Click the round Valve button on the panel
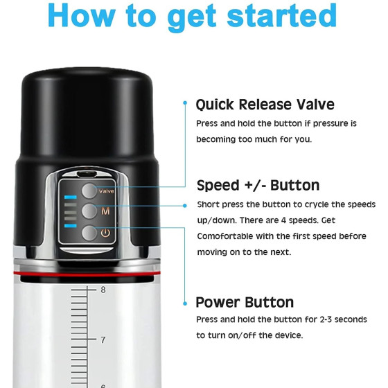[89, 191]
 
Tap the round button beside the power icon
[89, 233]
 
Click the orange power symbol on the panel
[105, 233]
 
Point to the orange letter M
[105, 211]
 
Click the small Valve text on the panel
[107, 191]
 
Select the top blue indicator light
[71, 197]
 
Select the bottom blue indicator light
[71, 226]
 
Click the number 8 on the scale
[103, 290]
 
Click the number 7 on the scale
[103, 340]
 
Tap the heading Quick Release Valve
[265, 105]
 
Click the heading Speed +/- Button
[258, 186]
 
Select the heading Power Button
[245, 302]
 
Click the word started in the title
[282, 15]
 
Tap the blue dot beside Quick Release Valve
[185, 103]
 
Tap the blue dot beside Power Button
[185, 303]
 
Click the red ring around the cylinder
[87, 274]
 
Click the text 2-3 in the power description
[326, 319]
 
